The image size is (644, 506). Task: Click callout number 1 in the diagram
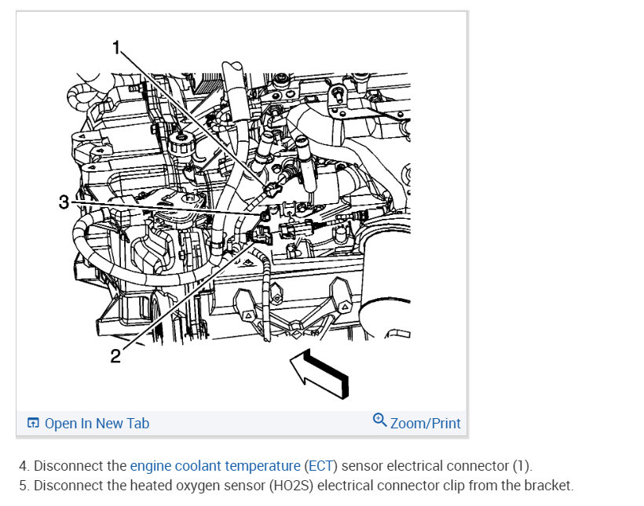(116, 49)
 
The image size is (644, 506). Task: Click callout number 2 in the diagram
(115, 355)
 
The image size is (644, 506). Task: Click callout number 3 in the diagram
(64, 202)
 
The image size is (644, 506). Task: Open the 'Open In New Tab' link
(97, 424)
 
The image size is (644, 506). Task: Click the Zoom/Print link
(425, 423)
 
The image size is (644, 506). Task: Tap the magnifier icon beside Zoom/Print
(380, 420)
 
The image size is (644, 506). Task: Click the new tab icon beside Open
(33, 424)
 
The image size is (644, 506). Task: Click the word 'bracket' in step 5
(551, 486)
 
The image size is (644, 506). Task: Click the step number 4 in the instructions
(23, 466)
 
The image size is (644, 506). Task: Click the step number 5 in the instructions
(23, 486)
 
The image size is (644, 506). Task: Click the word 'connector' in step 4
(480, 466)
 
